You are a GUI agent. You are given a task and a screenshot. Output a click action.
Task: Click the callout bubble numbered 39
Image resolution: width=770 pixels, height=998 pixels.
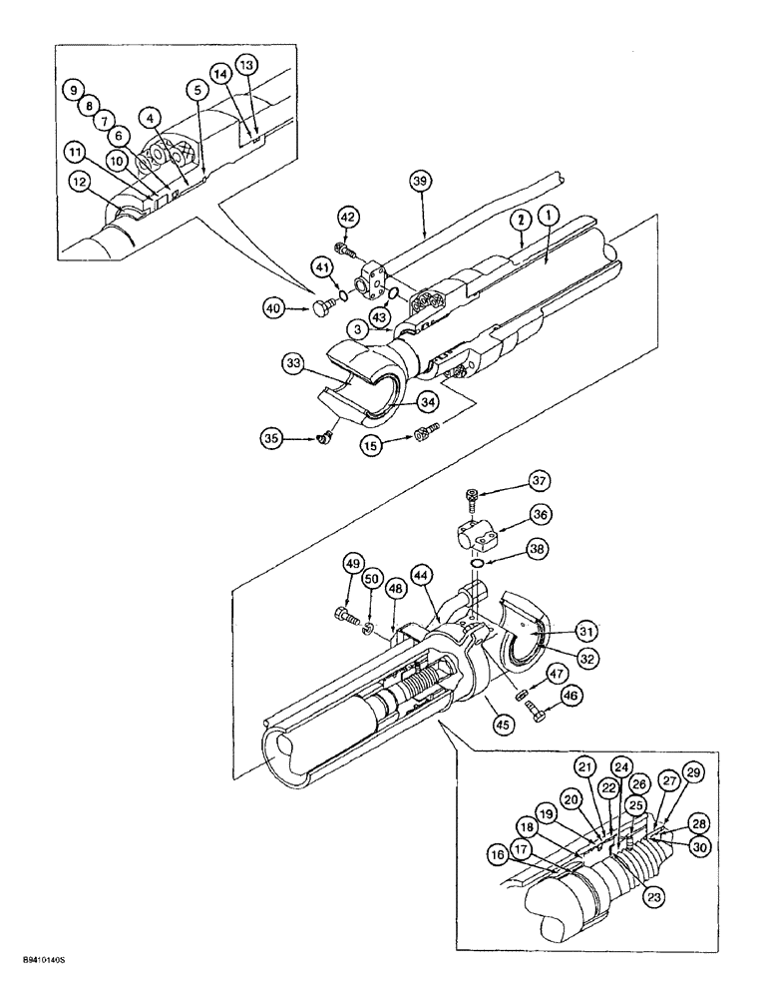pos(419,180)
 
